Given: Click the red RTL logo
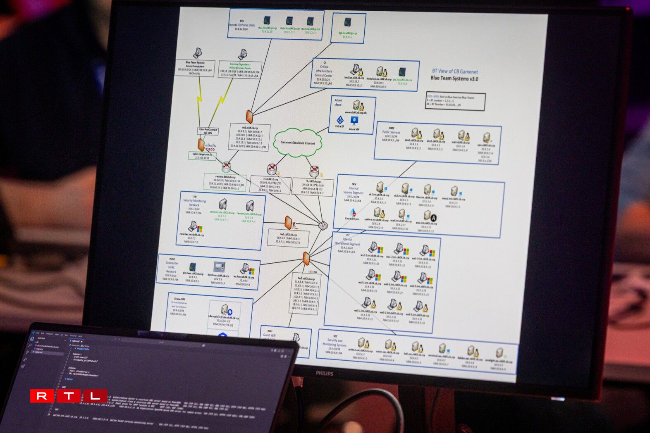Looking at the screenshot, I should pyautogui.click(x=69, y=396).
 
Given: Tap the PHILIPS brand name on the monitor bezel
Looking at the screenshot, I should pyautogui.click(x=325, y=373).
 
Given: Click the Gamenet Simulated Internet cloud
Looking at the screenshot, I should pyautogui.click(x=297, y=143).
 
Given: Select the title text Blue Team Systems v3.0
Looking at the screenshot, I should pyautogui.click(x=454, y=78).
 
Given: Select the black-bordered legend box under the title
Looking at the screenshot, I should pyautogui.click(x=455, y=101).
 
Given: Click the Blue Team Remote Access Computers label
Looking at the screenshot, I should pyautogui.click(x=195, y=64).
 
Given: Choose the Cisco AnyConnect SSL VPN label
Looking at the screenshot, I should pyautogui.click(x=208, y=131).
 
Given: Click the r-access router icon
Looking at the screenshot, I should pyautogui.click(x=226, y=167).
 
